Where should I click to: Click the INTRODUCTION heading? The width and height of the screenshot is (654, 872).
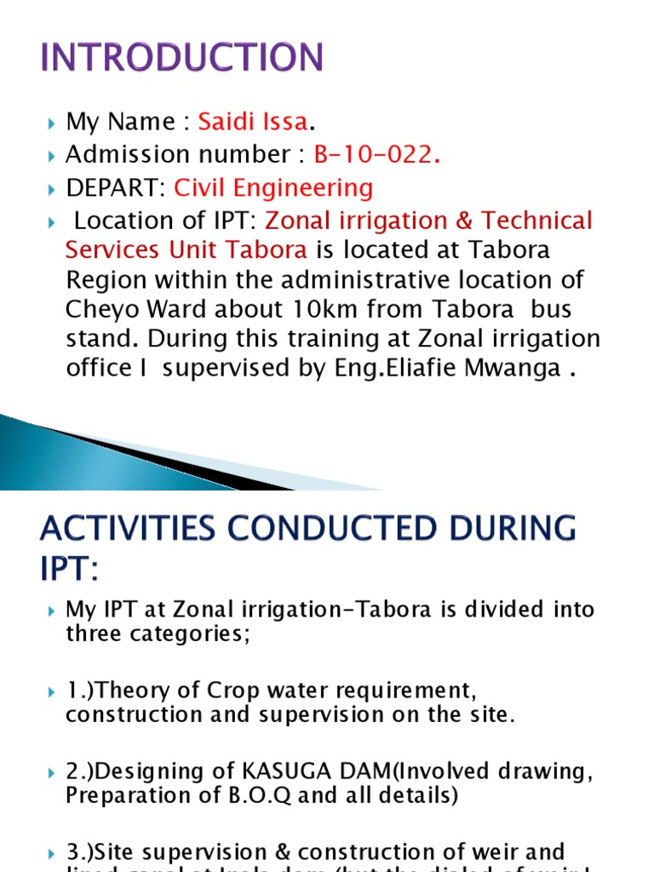click(x=182, y=58)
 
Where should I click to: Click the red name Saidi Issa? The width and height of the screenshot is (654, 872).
click(x=252, y=122)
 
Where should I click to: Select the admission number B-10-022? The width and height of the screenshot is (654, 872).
click(x=377, y=155)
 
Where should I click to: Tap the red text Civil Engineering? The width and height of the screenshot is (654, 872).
click(x=273, y=188)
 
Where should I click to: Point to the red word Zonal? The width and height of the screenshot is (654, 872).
click(x=293, y=221)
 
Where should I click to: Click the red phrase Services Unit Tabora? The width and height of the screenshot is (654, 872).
click(x=186, y=251)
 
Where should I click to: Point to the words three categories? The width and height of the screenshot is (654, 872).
click(x=158, y=635)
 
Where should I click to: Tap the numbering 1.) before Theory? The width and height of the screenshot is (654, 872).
click(x=83, y=691)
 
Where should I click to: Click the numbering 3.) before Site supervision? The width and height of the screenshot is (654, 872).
click(x=83, y=852)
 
